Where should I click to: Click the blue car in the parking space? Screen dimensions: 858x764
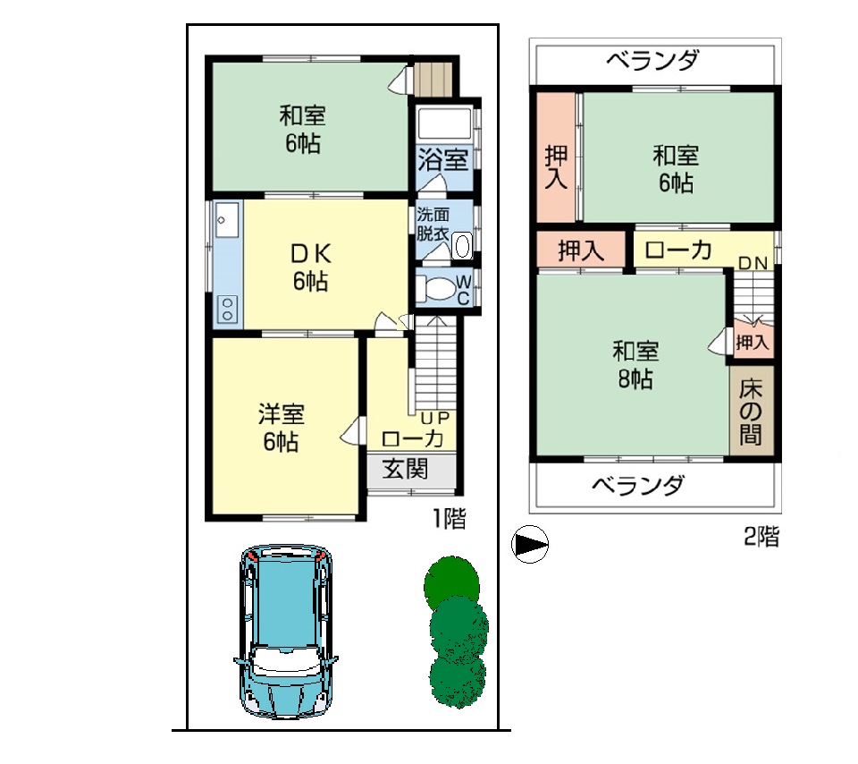tap(286, 631)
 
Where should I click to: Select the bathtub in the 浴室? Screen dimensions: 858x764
tap(444, 123)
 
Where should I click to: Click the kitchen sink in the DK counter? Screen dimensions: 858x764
tap(226, 219)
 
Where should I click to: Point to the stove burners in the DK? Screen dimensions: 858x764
tap(228, 309)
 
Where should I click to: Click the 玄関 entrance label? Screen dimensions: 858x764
tap(406, 469)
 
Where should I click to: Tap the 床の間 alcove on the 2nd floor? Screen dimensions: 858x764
tap(752, 411)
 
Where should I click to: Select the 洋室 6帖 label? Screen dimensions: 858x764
tap(281, 428)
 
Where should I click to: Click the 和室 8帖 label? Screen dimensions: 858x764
tap(635, 365)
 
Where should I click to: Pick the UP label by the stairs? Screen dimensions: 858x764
tap(435, 418)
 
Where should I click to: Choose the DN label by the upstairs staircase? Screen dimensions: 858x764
tap(753, 263)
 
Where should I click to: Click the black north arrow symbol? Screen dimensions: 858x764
tap(530, 545)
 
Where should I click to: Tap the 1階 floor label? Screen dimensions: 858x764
tap(450, 518)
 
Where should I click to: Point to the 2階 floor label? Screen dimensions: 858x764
tap(761, 536)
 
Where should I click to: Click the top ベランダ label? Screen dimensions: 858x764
tap(652, 60)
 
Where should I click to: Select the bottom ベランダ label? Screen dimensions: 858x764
tap(638, 485)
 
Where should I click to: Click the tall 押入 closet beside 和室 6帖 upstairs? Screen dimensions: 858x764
tap(556, 157)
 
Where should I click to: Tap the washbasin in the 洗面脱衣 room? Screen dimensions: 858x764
tap(462, 246)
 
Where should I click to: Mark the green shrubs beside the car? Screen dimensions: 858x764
tap(455, 632)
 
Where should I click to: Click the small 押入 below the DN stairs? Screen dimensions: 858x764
tap(753, 343)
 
